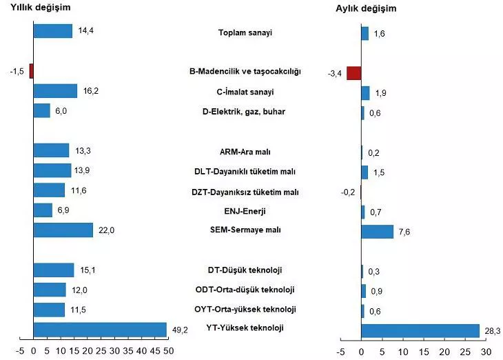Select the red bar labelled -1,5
pyautogui.click(x=31, y=71)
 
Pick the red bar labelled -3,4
pyautogui.click(x=353, y=73)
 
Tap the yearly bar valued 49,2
pyautogui.click(x=100, y=330)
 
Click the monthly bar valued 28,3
pyautogui.click(x=420, y=331)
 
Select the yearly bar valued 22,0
pyautogui.click(x=63, y=230)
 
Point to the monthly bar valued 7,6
pyautogui.click(x=377, y=231)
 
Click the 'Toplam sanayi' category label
pyautogui.click(x=246, y=32)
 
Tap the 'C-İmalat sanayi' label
pyautogui.click(x=246, y=91)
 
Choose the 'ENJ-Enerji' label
pyautogui.click(x=246, y=210)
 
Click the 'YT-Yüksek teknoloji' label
pyautogui.click(x=246, y=328)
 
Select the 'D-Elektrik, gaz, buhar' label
pyautogui.click(x=246, y=111)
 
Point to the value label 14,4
pyautogui.click(x=85, y=31)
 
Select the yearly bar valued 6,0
pyautogui.click(x=41, y=110)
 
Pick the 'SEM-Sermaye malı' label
pyautogui.click(x=246, y=230)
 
